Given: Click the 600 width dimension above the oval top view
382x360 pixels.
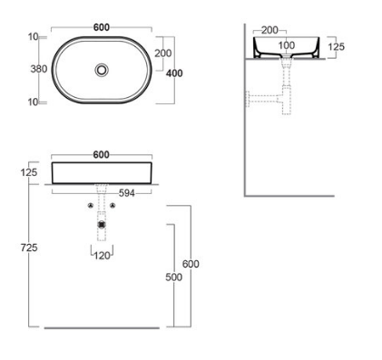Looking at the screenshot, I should (102, 27).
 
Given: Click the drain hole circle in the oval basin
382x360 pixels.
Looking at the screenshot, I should (102, 70).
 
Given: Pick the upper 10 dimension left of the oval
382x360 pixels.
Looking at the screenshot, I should (33, 37).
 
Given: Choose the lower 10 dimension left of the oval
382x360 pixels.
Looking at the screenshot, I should (33, 102).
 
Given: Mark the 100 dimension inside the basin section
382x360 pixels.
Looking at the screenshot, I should (285, 44).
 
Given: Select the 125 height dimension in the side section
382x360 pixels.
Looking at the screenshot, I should (336, 46).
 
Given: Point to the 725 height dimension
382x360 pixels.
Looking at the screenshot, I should (28, 248).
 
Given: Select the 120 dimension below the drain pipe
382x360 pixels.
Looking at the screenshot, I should (102, 257).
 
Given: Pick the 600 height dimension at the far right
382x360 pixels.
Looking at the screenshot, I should (190, 264).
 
